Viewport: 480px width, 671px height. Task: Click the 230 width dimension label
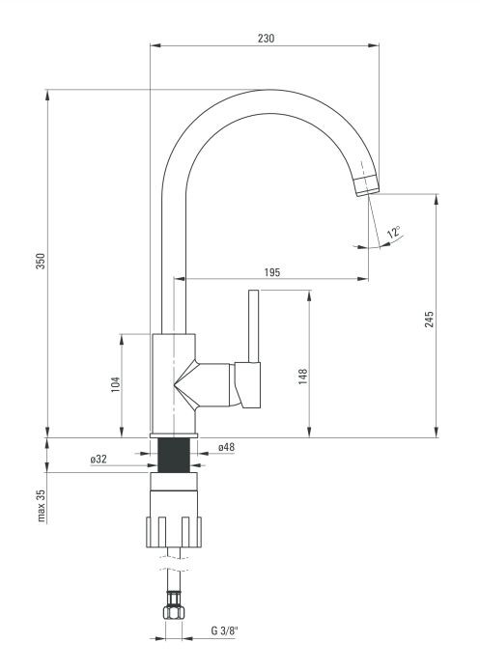coord(266,38)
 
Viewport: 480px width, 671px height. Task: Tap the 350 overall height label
coord(41,261)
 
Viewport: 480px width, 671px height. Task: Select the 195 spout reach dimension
coord(272,272)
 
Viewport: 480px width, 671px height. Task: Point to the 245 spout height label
coord(429,320)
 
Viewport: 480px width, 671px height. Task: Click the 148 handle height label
coord(303,377)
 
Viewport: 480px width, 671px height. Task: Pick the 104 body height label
coord(116,385)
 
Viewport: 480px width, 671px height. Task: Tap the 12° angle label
coord(393,233)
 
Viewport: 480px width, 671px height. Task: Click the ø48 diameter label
coord(226,447)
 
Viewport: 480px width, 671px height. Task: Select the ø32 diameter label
coord(99,460)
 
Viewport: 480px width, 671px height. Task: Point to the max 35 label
coord(41,506)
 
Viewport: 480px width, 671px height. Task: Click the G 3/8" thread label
coord(224,630)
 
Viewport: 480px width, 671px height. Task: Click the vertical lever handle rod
coord(254,326)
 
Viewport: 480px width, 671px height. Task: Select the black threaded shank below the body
coord(174,456)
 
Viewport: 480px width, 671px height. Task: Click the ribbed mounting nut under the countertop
coord(174,532)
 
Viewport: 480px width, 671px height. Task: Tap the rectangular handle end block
coord(247,384)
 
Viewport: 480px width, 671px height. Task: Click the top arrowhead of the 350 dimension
coord(47,95)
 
